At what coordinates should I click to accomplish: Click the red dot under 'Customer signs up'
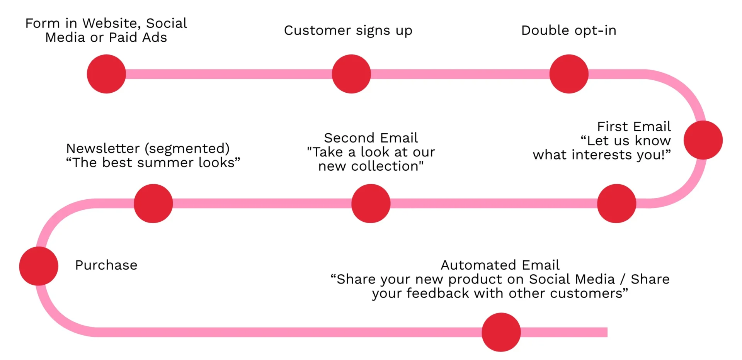click(x=351, y=74)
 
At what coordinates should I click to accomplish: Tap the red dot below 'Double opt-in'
click(x=569, y=74)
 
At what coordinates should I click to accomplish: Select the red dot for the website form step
click(x=106, y=74)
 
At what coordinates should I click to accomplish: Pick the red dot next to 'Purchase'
click(x=39, y=266)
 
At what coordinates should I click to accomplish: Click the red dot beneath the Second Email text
click(x=371, y=203)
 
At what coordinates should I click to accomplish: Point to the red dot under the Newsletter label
click(x=153, y=203)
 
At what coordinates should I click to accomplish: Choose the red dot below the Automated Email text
click(x=501, y=332)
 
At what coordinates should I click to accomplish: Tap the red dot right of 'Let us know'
click(x=703, y=140)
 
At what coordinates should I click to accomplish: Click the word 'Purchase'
click(x=106, y=265)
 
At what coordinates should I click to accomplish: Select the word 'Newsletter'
click(x=103, y=148)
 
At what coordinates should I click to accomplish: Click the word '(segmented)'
click(x=187, y=149)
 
